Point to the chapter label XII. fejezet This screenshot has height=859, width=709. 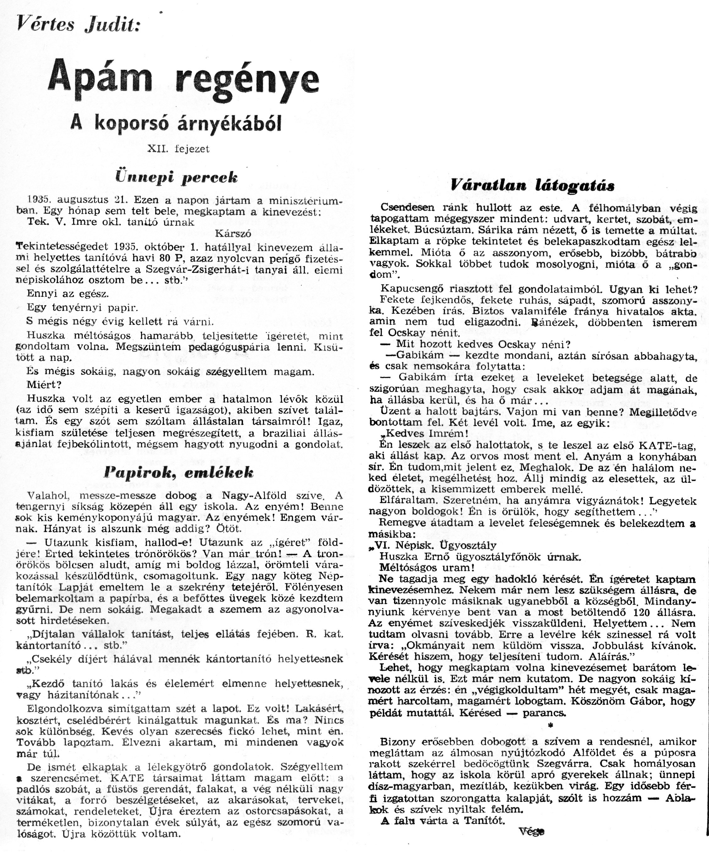click(179, 150)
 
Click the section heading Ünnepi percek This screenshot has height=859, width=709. click(176, 177)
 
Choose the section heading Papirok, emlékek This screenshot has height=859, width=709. click(179, 473)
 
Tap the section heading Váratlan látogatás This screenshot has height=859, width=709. click(533, 185)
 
